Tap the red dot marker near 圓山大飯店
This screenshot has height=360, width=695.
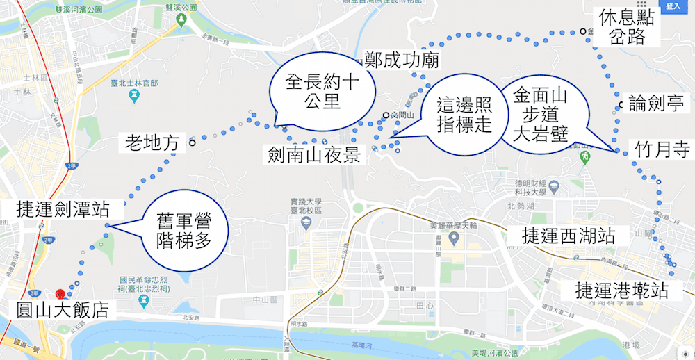[x=60, y=295]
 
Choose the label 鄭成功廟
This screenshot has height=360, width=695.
[x=402, y=60]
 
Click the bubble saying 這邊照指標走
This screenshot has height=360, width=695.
[x=465, y=115]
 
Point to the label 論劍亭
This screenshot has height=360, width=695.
[x=655, y=104]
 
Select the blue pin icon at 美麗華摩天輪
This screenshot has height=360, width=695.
[x=454, y=238]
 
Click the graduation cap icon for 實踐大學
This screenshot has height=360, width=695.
[x=305, y=222]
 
